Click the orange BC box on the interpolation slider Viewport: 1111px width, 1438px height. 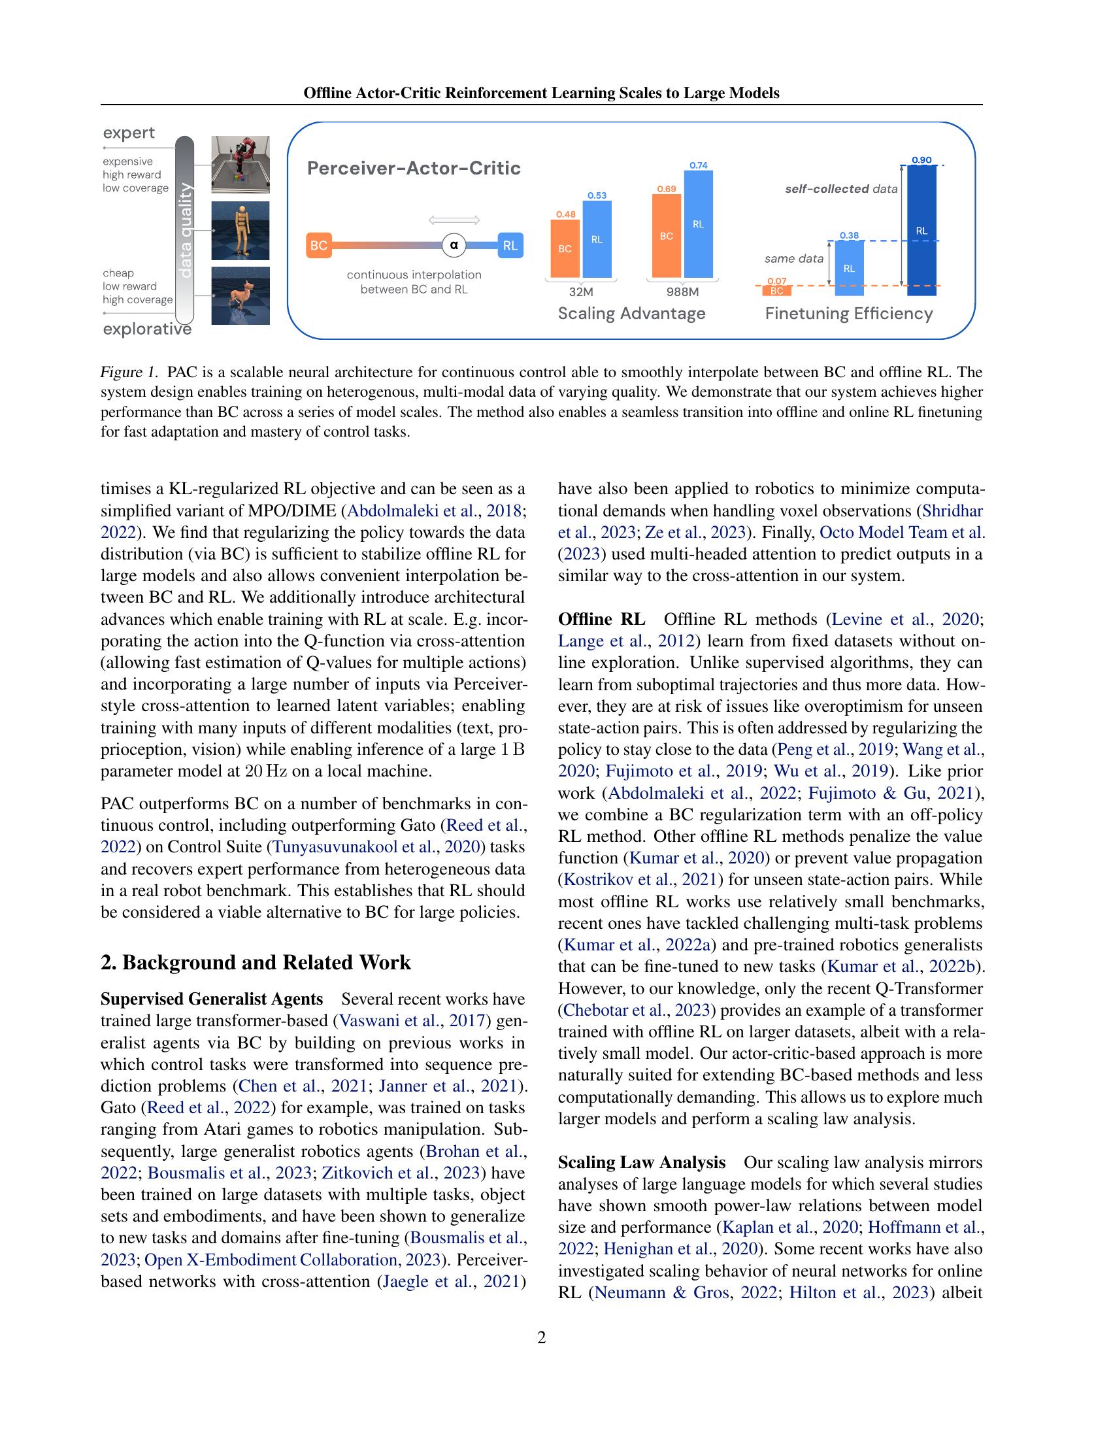pyautogui.click(x=318, y=246)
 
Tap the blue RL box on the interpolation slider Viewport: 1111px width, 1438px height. pyautogui.click(x=510, y=246)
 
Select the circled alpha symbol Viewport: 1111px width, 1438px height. pyautogui.click(x=454, y=246)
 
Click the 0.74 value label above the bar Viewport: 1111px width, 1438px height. pyautogui.click(x=699, y=165)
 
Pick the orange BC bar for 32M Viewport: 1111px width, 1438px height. pyautogui.click(x=565, y=249)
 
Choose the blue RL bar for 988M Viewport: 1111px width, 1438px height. pyautogui.click(x=699, y=224)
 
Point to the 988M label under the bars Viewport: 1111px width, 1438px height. pyautogui.click(x=682, y=292)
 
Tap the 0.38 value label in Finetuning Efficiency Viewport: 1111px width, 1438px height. pyautogui.click(x=849, y=235)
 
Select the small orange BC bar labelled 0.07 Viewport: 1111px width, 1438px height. pyautogui.click(x=776, y=290)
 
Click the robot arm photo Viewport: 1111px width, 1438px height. pyautogui.click(x=240, y=164)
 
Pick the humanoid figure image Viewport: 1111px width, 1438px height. pyautogui.click(x=240, y=231)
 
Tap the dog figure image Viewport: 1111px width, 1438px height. pyautogui.click(x=240, y=295)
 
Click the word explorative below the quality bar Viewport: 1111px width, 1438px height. pyautogui.click(x=147, y=329)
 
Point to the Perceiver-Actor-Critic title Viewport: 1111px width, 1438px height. pyautogui.click(x=414, y=168)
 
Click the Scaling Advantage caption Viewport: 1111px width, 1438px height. pyautogui.click(x=631, y=313)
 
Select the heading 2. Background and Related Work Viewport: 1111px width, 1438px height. pyautogui.click(x=256, y=963)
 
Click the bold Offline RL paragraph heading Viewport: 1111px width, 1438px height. pyautogui.click(x=601, y=619)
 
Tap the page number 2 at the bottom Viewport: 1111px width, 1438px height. pyautogui.click(x=541, y=1337)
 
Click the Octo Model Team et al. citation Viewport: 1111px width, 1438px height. pyautogui.click(x=902, y=532)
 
